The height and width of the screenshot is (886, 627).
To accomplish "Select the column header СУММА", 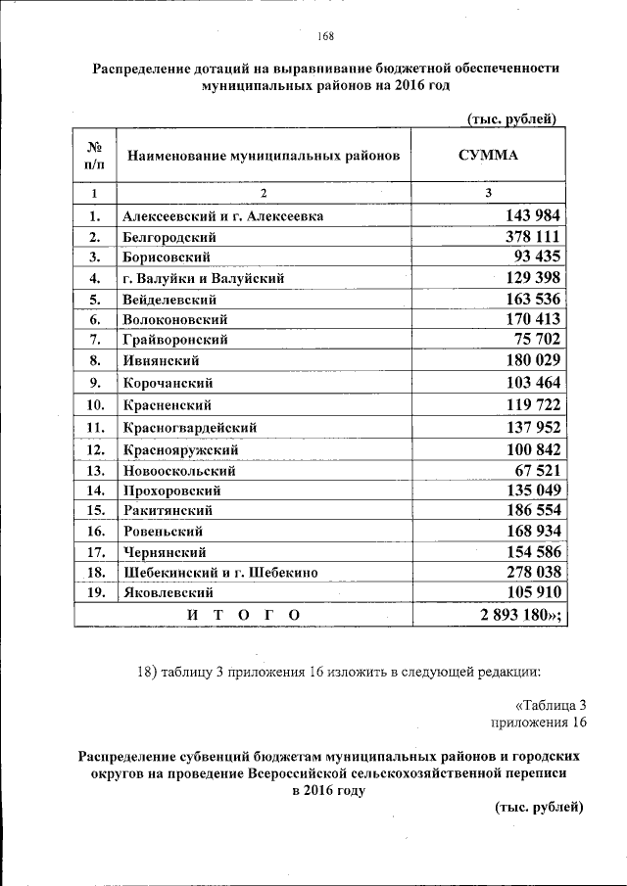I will [x=488, y=156].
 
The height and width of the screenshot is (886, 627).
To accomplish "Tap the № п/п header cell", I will [x=95, y=156].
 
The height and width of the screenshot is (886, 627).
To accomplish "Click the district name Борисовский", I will [x=169, y=257].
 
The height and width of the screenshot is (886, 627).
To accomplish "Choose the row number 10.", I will [x=95, y=404].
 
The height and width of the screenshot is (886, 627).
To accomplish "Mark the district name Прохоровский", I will [x=171, y=490].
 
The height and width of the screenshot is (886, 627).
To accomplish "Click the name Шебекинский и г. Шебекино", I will [x=218, y=573].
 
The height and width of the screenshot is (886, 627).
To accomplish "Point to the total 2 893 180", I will [x=516, y=614].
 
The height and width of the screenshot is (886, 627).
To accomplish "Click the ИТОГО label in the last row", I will [x=242, y=614].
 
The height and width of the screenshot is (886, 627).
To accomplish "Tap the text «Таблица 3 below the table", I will [x=550, y=705].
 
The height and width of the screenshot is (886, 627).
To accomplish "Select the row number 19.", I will [x=95, y=593].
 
